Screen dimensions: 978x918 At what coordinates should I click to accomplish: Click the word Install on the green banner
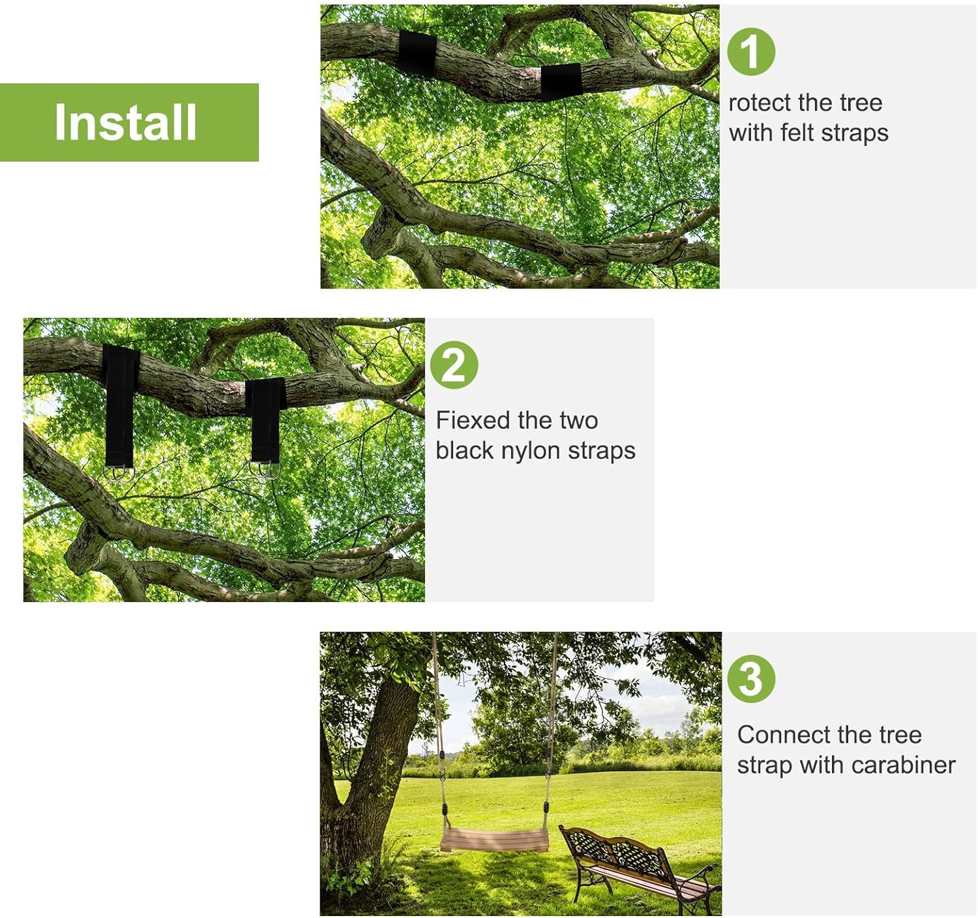126,122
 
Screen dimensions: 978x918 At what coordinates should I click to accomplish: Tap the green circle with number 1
751,51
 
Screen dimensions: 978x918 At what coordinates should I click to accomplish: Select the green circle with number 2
454,365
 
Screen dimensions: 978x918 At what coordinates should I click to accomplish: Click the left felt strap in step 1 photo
417,53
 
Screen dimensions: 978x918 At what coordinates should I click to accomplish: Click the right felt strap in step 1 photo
561,81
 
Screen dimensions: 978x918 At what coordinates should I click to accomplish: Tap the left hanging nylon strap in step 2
120,407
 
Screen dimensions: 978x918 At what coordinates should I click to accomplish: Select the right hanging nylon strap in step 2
266,420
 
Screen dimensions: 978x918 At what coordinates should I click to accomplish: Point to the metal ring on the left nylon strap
119,474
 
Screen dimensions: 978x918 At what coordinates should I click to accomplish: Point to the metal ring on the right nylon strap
265,469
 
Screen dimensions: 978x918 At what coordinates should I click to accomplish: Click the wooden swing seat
494,839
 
